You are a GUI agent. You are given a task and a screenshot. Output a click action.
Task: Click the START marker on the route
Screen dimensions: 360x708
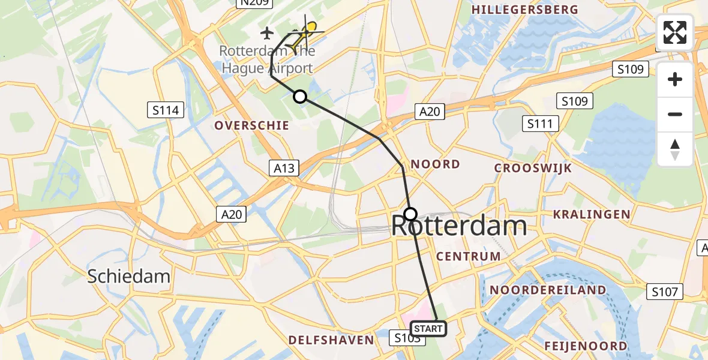[428, 329]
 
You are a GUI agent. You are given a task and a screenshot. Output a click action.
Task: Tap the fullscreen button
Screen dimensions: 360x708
[675, 32]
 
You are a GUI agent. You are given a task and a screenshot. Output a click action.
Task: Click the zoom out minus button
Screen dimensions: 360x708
[675, 114]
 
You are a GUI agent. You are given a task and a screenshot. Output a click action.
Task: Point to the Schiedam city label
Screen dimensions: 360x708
[129, 276]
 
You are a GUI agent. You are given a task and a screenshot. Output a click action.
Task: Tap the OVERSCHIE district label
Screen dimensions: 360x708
[252, 125]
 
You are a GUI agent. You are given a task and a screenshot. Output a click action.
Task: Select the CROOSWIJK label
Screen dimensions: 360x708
[533, 168]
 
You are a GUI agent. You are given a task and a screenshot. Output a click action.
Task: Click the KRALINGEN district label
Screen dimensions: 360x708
[592, 214]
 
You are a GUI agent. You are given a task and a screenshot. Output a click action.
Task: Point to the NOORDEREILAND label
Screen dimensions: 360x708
[548, 290]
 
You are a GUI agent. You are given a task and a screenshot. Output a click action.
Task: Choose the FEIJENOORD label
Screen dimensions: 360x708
[586, 346]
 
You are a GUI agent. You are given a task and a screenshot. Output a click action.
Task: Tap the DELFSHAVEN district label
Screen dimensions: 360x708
[331, 340]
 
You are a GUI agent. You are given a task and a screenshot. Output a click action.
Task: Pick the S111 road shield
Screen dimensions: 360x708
[541, 124]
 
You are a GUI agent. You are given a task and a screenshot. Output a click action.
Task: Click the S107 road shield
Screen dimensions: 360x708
[665, 292]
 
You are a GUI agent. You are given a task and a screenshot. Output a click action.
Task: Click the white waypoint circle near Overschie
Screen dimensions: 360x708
[299, 97]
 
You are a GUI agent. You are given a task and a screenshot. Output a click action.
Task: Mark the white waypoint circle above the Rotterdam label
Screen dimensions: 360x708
[410, 214]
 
